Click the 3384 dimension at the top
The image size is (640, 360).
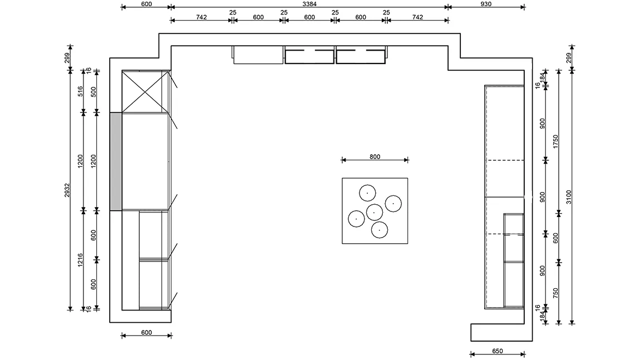[309, 4]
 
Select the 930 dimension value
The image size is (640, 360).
[486, 4]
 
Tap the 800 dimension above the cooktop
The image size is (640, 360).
[375, 157]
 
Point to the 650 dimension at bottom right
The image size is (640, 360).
[498, 351]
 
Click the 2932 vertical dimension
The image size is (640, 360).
[67, 190]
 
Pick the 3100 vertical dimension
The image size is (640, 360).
[569, 197]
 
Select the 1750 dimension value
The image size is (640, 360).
[555, 142]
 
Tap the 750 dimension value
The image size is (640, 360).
[555, 293]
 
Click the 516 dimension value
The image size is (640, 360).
[80, 91]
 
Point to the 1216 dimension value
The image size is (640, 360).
[80, 260]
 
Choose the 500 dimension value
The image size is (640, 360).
[93, 91]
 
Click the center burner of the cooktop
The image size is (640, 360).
[375, 212]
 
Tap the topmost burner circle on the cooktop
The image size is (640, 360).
[367, 193]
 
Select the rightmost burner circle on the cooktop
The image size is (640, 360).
[393, 203]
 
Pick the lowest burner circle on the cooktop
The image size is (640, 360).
[380, 230]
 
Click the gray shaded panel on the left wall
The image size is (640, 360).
[116, 161]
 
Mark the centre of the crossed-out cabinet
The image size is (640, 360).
[145, 91]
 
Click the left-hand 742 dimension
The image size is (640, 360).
[201, 17]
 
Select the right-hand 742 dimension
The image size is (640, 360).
[417, 17]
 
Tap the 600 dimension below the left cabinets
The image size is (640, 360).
[146, 332]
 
